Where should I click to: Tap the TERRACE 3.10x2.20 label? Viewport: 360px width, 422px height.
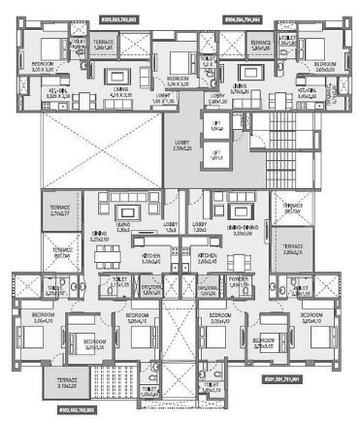point(67,382)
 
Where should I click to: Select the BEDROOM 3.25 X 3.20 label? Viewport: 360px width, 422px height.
point(177,81)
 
